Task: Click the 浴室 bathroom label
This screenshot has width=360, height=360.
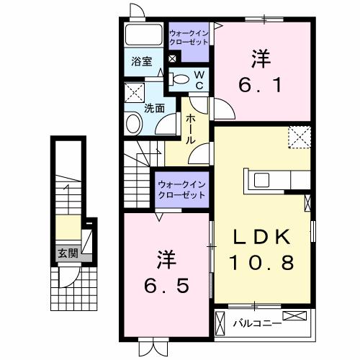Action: pyautogui.click(x=141, y=62)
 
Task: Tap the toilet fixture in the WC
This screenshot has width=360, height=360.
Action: pyautogui.click(x=181, y=81)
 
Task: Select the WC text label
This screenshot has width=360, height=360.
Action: pyautogui.click(x=199, y=81)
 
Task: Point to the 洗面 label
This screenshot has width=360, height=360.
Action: pyautogui.click(x=154, y=109)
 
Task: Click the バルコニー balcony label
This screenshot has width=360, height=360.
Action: pyautogui.click(x=256, y=323)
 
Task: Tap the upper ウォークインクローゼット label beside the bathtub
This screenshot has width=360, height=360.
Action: pyautogui.click(x=190, y=37)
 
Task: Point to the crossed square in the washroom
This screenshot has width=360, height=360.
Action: pyautogui.click(x=134, y=92)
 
